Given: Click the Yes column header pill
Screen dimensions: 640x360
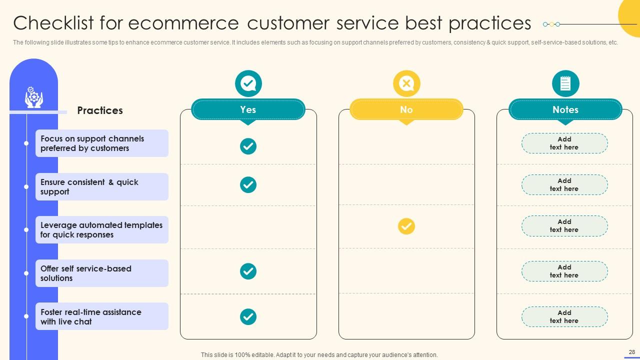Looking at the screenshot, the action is click(x=248, y=109).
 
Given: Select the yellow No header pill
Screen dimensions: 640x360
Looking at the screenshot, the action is click(x=406, y=109).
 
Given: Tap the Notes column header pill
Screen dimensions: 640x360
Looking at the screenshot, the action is click(x=565, y=109).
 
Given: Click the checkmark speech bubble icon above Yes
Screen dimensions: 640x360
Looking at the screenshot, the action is click(x=248, y=83).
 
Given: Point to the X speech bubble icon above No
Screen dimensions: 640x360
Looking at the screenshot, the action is click(x=406, y=83).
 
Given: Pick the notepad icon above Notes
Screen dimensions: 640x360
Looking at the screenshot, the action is click(x=565, y=83).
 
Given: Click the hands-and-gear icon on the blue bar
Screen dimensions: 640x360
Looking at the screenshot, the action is click(x=33, y=97).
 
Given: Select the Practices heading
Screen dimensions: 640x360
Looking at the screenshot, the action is click(x=100, y=110).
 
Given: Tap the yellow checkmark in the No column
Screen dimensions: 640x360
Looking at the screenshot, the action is click(x=406, y=226).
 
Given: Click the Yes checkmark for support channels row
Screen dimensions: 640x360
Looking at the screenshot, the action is click(x=248, y=146).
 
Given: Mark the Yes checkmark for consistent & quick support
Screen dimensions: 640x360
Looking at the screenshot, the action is click(x=248, y=185).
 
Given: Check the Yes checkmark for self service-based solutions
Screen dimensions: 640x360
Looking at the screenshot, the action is click(x=248, y=271).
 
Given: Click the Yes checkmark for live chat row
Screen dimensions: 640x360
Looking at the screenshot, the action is click(x=248, y=316).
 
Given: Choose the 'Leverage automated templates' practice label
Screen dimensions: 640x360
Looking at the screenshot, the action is click(x=101, y=229).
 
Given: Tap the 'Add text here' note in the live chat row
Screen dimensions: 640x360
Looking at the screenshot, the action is click(x=564, y=316).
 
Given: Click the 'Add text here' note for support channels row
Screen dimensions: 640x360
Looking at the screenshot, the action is click(x=564, y=143).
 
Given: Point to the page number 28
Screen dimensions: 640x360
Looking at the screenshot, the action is click(x=631, y=352).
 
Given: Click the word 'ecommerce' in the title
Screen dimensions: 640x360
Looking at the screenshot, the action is click(x=183, y=23).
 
